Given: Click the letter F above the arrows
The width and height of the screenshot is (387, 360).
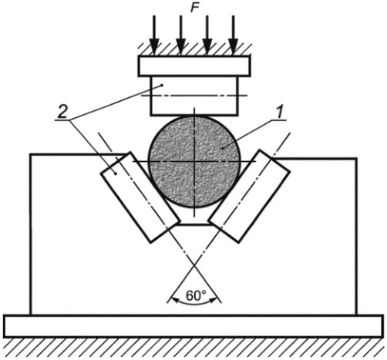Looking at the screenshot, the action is point(194,8).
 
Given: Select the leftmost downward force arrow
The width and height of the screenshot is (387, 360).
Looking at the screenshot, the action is point(154,35).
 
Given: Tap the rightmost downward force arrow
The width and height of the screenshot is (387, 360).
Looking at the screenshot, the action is point(233,35).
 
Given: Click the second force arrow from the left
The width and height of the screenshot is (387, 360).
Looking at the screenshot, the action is point(181,35).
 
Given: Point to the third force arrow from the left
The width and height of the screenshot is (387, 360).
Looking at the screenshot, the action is point(207,35).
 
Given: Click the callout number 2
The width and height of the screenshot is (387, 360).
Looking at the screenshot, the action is point(62,113).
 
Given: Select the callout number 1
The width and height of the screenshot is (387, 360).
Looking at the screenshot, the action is point(280,113).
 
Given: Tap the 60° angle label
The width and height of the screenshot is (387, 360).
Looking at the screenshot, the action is point(196,295).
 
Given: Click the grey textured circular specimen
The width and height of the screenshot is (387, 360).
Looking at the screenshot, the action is point(195,162).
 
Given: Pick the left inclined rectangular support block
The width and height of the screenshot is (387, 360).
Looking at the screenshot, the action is point(140,197).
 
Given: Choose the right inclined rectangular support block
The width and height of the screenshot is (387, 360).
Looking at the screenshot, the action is point(250,196).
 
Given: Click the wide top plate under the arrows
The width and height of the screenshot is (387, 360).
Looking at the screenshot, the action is point(194,66).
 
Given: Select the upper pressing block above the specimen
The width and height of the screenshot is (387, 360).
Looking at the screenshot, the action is point(194,96).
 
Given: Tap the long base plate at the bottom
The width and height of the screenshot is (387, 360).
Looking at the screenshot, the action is point(193,326).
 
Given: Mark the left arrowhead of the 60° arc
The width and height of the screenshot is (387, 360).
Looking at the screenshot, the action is point(175,299).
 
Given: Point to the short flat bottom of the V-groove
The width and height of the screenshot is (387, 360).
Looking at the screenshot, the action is point(195,224).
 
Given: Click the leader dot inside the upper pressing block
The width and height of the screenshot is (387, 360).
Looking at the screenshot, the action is point(162,85).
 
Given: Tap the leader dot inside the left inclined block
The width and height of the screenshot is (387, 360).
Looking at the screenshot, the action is point(116,174).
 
